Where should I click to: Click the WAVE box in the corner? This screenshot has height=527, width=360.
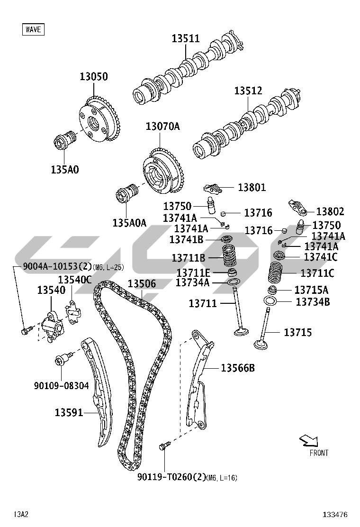[33, 29]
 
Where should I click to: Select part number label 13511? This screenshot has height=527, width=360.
[186, 38]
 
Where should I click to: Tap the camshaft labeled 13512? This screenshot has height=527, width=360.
[247, 124]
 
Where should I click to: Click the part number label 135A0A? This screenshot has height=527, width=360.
[129, 223]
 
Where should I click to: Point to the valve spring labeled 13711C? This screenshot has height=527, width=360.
[275, 272]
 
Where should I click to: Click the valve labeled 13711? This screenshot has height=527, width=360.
[239, 311]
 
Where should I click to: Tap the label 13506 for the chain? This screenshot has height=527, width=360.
[142, 284]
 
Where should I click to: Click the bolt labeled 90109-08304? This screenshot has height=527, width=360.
[63, 359]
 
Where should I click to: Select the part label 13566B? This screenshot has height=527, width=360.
[238, 368]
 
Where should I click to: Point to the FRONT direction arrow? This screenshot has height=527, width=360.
[309, 440]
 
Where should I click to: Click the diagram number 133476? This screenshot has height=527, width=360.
[335, 514]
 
